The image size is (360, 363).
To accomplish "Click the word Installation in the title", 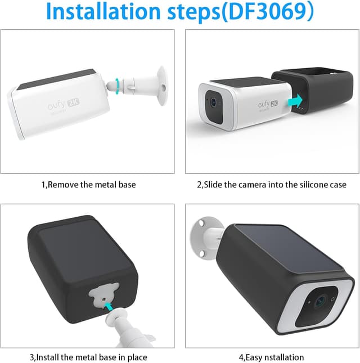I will (x=101, y=13).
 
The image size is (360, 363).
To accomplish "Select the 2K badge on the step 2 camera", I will (x=274, y=104).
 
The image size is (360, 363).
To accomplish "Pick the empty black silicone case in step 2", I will (x=315, y=96).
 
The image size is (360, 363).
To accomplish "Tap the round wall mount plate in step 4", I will (x=201, y=235).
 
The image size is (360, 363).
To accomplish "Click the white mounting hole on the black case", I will (x=103, y=295).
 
